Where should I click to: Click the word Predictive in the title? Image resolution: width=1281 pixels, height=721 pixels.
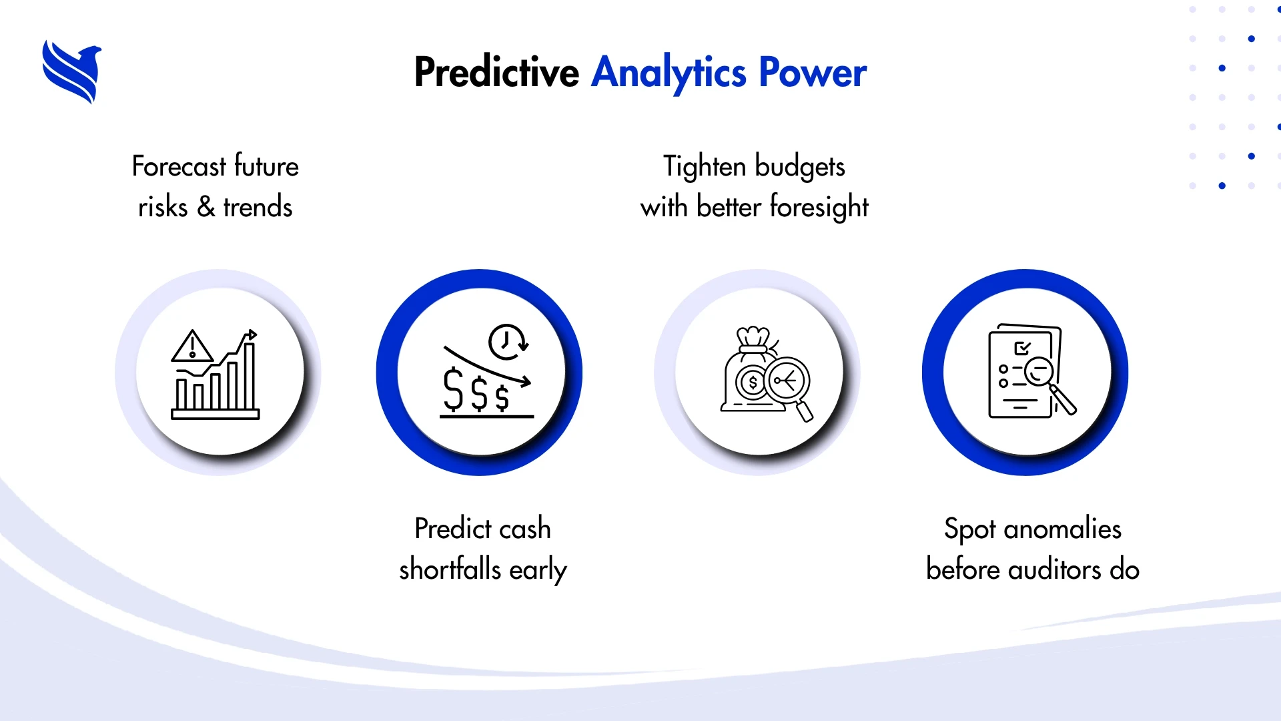pos(496,72)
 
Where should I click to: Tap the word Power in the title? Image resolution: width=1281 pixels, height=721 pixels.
pos(813,72)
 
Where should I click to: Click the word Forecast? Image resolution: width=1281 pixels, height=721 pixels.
pos(179,166)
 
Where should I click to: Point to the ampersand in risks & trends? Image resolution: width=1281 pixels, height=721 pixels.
pos(206,207)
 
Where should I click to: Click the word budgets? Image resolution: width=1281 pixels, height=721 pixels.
pos(800,167)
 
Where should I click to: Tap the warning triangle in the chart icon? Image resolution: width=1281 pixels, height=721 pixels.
pos(192,346)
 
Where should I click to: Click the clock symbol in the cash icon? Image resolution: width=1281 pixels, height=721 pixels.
pos(508,342)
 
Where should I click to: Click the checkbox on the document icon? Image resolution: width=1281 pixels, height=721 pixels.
pos(1022,348)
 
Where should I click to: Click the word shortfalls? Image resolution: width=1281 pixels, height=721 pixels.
pos(450,569)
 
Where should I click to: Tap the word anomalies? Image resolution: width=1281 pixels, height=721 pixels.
pos(1062,529)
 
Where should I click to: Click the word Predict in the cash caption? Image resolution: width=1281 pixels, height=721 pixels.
pos(453,529)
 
